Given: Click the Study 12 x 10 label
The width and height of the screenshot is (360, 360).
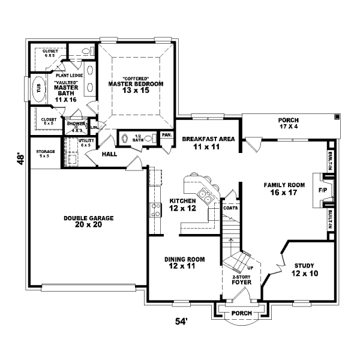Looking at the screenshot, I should [x=305, y=269].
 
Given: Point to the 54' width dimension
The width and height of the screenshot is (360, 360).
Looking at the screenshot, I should [x=181, y=322].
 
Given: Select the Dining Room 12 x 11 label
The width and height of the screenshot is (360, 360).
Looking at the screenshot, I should [x=185, y=262].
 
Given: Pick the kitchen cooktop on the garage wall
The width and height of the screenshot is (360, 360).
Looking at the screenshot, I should [x=155, y=210].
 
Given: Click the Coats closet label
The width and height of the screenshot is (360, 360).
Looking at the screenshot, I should [x=230, y=208].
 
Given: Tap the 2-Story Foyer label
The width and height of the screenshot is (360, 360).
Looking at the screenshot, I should [x=242, y=279].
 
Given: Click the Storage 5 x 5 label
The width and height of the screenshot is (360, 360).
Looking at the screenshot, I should [x=46, y=153].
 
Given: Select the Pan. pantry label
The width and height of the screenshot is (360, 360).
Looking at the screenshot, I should [x=166, y=135].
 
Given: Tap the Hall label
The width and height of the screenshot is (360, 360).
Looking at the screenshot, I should [x=109, y=154].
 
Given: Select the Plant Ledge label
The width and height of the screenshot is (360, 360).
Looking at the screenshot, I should [x=69, y=75].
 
